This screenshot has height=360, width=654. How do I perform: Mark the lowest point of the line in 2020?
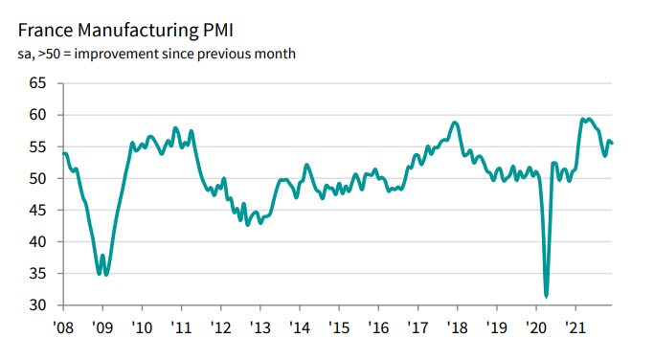(546, 296)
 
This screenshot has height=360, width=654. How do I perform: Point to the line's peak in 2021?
(583, 119)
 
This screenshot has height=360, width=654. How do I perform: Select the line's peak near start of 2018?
(455, 123)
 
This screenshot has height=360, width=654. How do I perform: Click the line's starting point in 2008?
(63, 153)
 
